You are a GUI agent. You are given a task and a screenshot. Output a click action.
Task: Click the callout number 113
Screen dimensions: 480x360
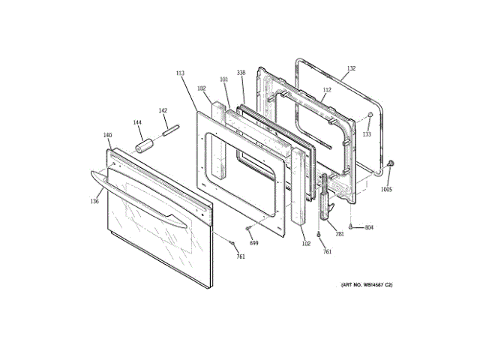(x=180, y=73)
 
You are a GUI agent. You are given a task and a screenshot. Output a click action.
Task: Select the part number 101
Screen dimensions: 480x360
(x=223, y=79)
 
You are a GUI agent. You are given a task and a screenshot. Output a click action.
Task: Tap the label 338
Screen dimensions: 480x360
(x=241, y=73)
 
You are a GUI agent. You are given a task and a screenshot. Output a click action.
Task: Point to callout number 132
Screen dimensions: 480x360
(x=350, y=69)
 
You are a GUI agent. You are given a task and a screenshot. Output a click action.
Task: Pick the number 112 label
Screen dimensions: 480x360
(x=326, y=90)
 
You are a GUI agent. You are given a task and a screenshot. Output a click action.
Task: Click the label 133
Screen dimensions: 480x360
(x=367, y=134)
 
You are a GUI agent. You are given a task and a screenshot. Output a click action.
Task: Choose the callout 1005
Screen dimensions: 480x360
(x=385, y=189)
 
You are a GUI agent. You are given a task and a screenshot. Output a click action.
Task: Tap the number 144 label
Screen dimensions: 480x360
(x=137, y=122)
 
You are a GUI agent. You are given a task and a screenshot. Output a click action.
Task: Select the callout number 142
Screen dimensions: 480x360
(x=163, y=110)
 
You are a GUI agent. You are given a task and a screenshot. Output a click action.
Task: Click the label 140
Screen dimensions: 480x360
(x=107, y=136)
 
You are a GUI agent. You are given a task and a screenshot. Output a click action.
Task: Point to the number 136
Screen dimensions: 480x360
(x=94, y=201)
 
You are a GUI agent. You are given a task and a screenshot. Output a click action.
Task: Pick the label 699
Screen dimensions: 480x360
(x=253, y=243)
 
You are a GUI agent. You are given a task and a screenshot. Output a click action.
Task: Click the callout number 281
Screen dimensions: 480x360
(x=340, y=234)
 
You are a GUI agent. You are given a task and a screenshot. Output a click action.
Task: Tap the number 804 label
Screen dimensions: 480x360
(x=369, y=227)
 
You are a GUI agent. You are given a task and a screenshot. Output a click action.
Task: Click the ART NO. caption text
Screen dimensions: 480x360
(x=367, y=285)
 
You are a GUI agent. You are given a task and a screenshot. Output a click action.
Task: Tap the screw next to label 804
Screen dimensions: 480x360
(x=351, y=226)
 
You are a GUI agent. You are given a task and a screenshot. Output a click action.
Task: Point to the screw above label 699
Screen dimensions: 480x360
(x=248, y=227)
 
